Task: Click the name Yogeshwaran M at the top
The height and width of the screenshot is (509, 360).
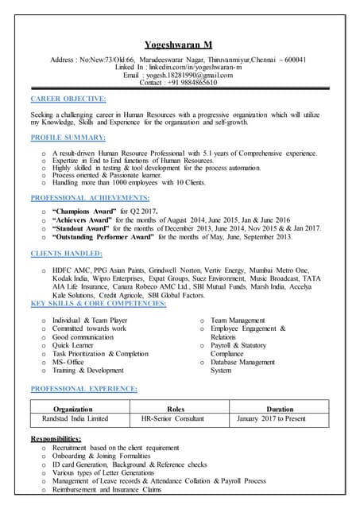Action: click(x=180, y=44)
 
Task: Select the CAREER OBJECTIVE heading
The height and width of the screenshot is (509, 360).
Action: click(x=68, y=99)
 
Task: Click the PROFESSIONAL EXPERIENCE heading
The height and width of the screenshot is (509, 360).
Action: click(x=83, y=388)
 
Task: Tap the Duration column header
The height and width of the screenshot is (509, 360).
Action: click(x=280, y=408)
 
